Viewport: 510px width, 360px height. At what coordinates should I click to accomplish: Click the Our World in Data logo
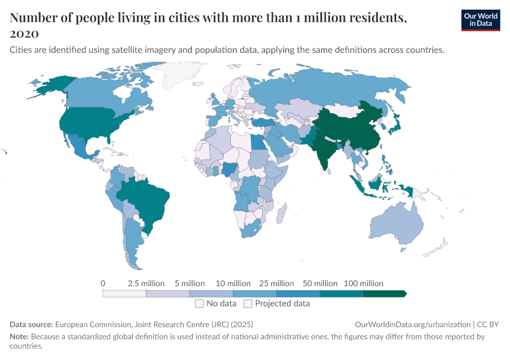(480, 20)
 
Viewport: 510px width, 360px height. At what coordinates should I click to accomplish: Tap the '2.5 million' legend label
(146, 283)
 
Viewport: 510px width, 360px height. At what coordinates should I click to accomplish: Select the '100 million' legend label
(363, 283)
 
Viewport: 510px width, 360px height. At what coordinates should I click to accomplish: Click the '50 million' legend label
(320, 283)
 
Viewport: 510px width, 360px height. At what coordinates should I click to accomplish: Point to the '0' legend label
(103, 283)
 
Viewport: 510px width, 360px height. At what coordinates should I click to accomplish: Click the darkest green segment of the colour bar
(384, 293)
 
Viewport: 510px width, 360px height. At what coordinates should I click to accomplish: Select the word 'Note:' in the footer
(20, 337)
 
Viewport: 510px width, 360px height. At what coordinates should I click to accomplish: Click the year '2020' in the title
(25, 32)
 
